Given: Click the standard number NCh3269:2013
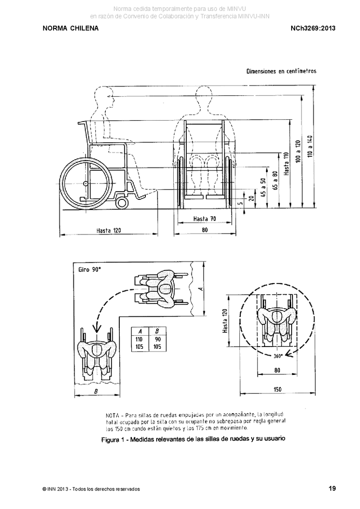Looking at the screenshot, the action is coord(313,28).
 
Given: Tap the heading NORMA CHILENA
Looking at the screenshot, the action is coord(71,28).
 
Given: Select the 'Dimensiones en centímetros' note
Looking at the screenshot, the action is coord(281,71).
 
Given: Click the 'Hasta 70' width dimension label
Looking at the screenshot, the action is coord(204,219).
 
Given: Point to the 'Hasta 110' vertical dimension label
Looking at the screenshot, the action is coord(286,164).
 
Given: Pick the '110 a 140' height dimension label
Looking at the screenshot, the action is coord(310,146).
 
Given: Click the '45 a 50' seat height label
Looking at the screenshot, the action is coord(264,187).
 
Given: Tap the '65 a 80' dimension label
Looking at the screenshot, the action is coord(275,180).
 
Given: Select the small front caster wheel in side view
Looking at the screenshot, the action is coord(122,202).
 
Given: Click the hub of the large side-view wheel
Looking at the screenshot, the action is coord(85,184).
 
